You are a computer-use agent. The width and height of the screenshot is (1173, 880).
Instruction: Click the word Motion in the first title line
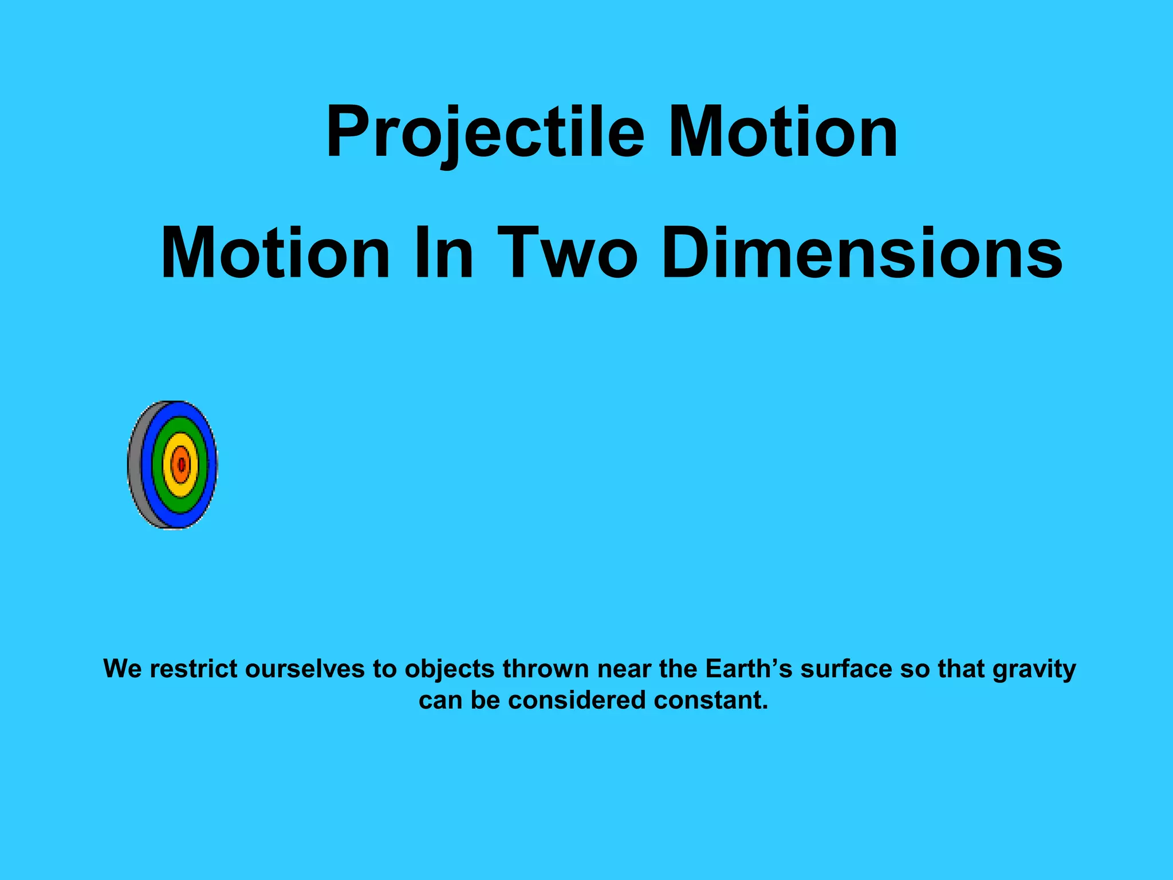click(x=783, y=133)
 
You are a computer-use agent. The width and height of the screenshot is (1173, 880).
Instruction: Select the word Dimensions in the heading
click(x=863, y=253)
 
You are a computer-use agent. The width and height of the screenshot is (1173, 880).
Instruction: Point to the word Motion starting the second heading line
click(x=275, y=253)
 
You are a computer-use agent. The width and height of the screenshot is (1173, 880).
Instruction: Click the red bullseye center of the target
click(x=181, y=465)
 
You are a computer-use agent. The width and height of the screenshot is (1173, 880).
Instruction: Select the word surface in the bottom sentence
click(x=847, y=669)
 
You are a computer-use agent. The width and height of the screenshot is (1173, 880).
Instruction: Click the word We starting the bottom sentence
click(x=123, y=669)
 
